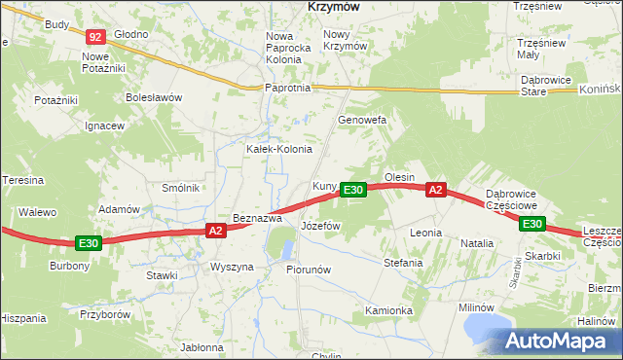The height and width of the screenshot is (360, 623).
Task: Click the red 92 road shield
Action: point(94,37)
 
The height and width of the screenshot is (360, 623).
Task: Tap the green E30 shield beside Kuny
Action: point(353,190)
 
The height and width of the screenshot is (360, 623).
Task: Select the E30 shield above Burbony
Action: point(89,242)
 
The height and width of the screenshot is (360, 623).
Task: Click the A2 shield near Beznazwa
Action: point(216,231)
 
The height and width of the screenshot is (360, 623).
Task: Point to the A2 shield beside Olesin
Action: point(435,190)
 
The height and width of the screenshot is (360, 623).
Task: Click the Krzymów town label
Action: point(334,6)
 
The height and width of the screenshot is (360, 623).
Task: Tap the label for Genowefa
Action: point(362,120)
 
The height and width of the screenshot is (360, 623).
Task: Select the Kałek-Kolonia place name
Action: point(278,149)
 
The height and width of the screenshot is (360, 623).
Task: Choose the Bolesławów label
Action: point(154,97)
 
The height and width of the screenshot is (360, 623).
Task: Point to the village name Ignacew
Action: point(104,126)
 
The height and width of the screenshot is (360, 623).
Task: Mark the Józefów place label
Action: point(320,225)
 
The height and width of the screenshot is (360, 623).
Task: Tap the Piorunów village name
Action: point(310,270)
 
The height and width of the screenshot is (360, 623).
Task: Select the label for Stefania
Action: point(403,263)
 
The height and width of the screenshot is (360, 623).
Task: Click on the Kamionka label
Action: point(389,310)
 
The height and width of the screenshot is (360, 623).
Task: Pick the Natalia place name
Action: point(477,242)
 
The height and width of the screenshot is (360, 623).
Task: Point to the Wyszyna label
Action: point(232,267)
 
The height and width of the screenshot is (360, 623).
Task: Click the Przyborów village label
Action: point(106,314)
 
